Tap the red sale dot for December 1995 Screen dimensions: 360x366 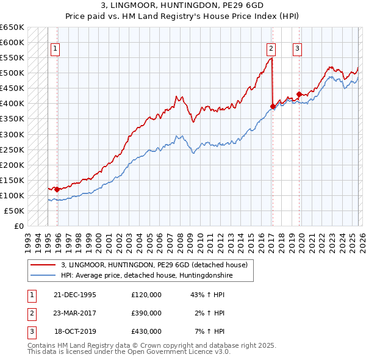click(57, 189)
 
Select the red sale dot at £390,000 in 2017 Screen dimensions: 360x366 click(273, 106)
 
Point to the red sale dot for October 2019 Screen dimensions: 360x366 click(299, 94)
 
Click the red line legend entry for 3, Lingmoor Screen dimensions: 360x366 click(154, 265)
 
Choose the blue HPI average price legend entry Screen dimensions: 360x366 click(147, 276)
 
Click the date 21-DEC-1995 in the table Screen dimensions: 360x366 click(75, 295)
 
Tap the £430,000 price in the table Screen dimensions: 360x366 click(146, 331)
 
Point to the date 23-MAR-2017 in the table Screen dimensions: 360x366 click(75, 313)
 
